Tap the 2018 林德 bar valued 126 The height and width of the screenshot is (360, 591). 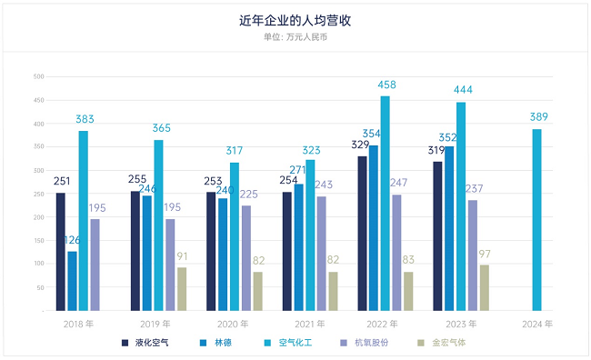tap(72, 281)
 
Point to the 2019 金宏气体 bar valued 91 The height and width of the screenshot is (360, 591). tap(182, 288)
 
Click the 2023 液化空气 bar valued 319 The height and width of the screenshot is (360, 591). tap(437, 236)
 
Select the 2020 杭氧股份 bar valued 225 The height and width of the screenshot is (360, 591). tap(246, 258)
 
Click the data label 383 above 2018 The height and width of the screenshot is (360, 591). tap(84, 119)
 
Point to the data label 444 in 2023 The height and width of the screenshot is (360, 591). tap(461, 90)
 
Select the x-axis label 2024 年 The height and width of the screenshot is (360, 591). tap(536, 323)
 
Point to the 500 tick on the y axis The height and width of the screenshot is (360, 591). tap(38, 76)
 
